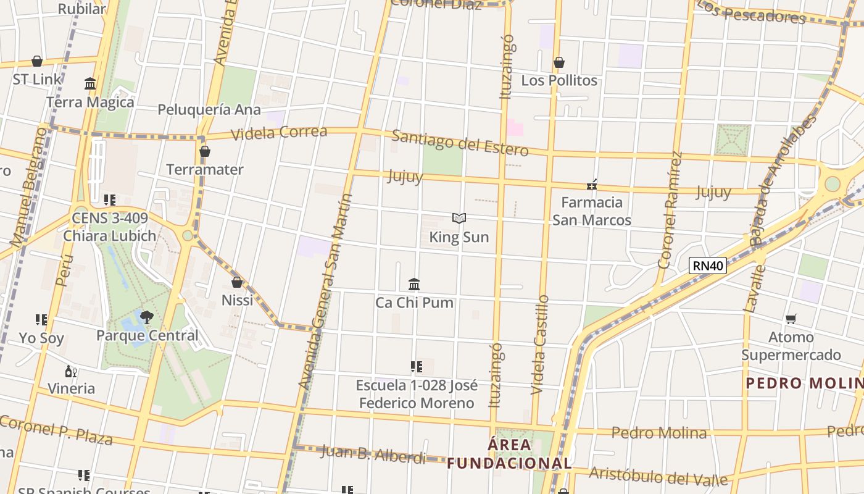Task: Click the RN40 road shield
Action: [x=707, y=266]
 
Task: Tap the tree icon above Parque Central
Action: [x=147, y=317]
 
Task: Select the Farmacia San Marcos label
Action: [x=591, y=211]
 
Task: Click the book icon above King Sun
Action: [x=459, y=218]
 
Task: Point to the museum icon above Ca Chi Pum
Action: [x=414, y=284]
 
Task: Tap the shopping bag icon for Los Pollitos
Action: [x=559, y=62]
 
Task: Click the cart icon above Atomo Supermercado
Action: [x=791, y=319]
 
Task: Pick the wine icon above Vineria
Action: [x=71, y=371]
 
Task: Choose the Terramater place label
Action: [x=205, y=169]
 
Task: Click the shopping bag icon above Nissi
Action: [x=237, y=282]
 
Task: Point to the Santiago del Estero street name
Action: [x=460, y=143]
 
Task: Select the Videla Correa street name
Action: [x=278, y=133]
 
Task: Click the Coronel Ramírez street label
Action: [x=670, y=210]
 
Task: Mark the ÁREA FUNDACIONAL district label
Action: [x=510, y=454]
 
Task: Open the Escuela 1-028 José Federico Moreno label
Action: [x=417, y=394]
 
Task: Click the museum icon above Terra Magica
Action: [x=90, y=83]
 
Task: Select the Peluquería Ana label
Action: [x=209, y=110]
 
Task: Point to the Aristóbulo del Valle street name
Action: [x=658, y=476]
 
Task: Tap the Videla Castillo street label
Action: [x=539, y=345]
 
